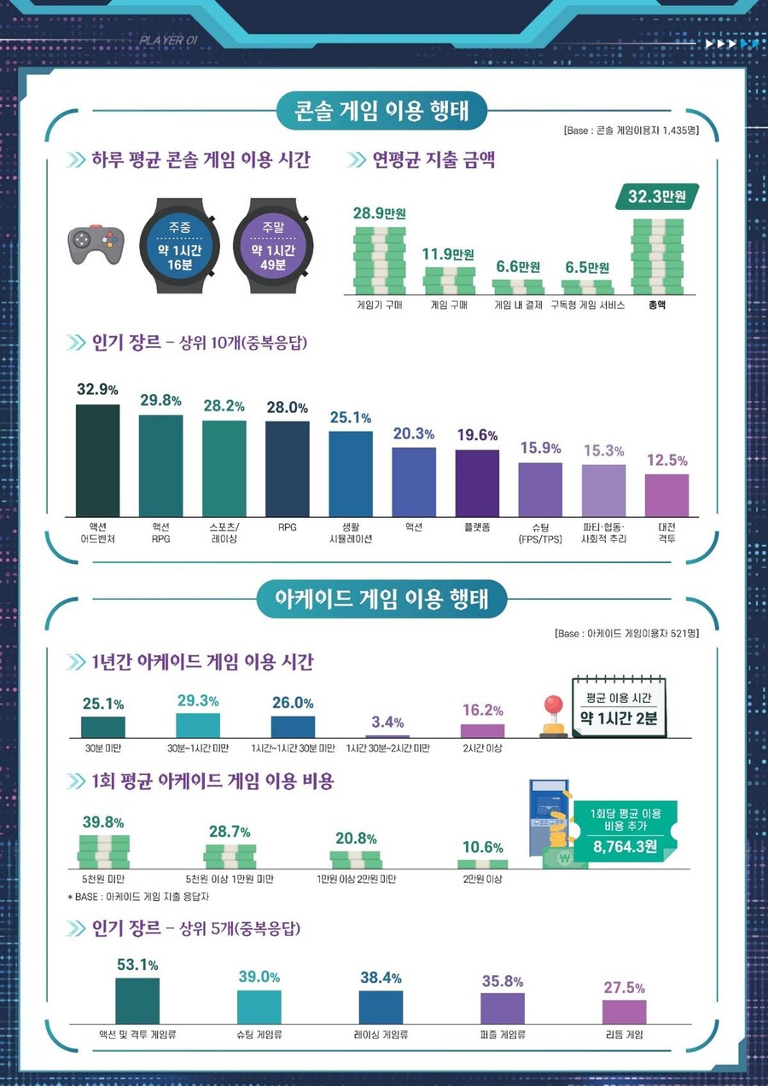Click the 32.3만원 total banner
(657, 197)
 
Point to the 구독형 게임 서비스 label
(587, 305)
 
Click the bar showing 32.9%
(98, 460)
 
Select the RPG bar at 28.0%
(288, 468)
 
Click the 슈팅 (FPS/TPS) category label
(540, 534)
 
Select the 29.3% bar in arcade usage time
(198, 725)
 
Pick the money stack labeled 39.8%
(103, 851)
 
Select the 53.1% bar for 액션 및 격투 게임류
(137, 1001)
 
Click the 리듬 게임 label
(624, 1035)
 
